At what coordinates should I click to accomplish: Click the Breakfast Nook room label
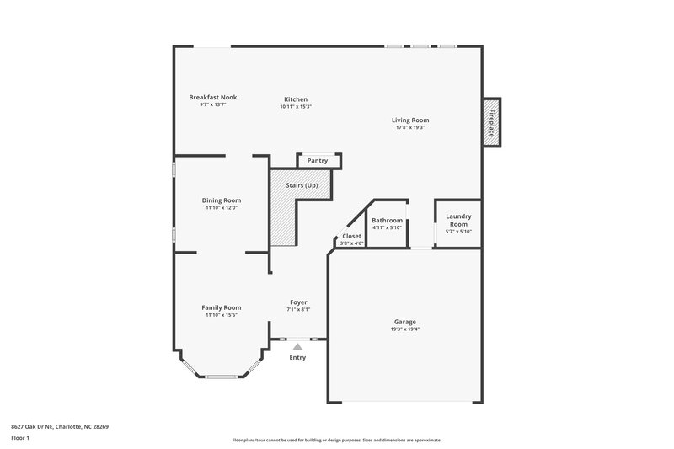coord(212,97)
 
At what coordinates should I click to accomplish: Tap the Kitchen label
coord(296,99)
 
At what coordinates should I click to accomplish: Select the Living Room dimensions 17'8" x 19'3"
coord(409,127)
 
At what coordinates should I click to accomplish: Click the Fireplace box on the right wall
coord(490,121)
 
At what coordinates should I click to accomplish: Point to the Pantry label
coord(318,160)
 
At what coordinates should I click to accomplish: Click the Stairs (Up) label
coord(302,184)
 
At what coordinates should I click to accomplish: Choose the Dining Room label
coord(222,200)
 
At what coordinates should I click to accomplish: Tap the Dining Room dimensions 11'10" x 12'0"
coord(222,208)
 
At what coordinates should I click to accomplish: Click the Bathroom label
coord(388,221)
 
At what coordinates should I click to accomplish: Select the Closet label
coord(352,236)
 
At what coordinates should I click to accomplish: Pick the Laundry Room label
coord(457,220)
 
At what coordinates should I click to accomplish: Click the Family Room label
coord(222,307)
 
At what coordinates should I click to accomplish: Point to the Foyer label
coord(298,302)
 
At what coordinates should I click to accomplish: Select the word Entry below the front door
coord(297,357)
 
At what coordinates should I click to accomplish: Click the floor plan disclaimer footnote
coord(337,440)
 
